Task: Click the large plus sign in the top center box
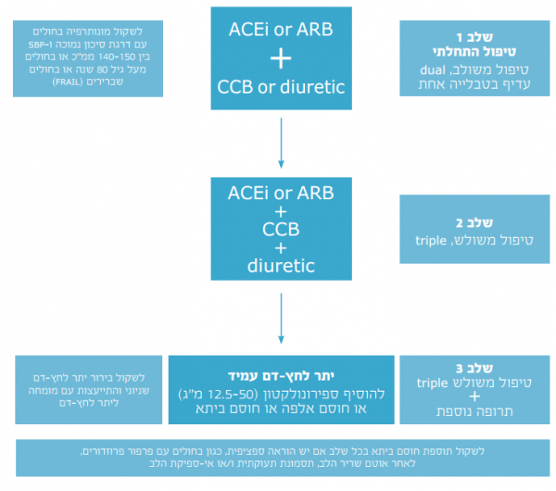(x=279, y=60)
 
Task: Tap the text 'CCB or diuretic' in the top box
(x=279, y=88)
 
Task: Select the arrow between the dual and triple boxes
(x=279, y=144)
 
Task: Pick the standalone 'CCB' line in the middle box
(x=279, y=229)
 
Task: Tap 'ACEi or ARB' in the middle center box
(x=279, y=193)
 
